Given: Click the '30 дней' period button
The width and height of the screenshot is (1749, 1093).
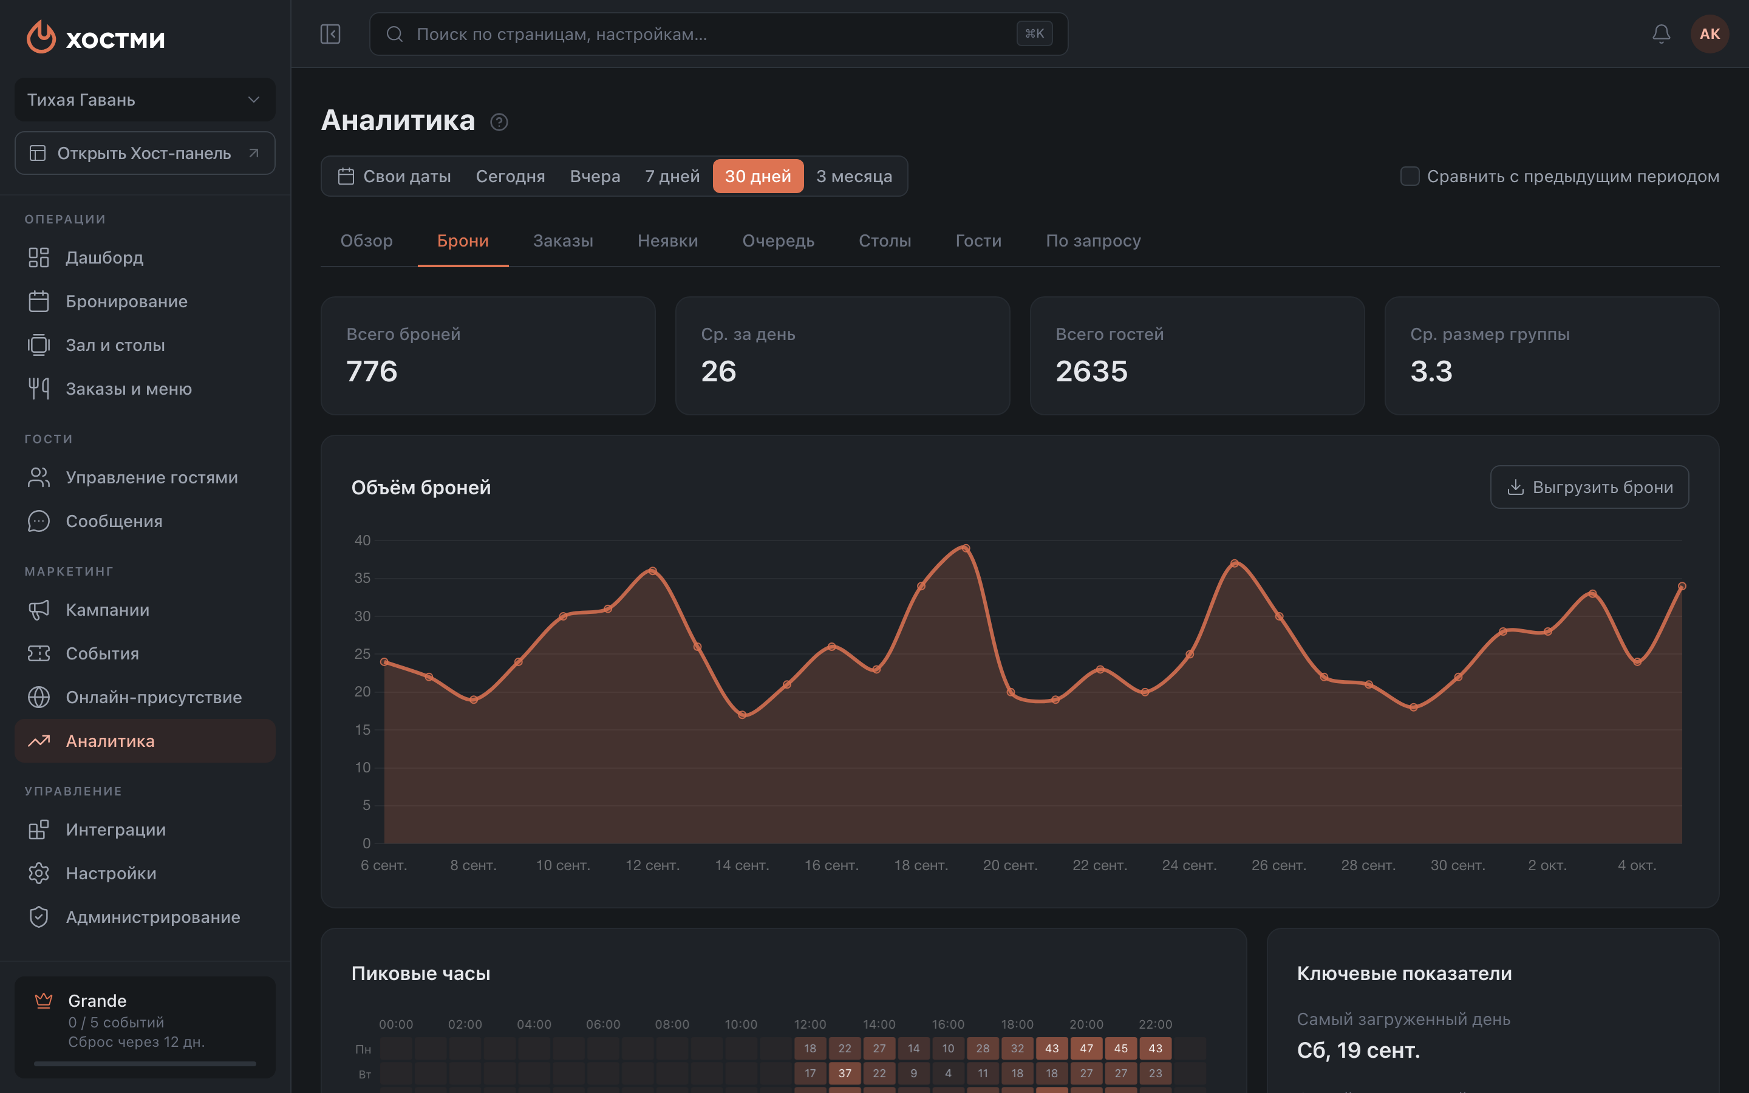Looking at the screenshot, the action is pos(757,176).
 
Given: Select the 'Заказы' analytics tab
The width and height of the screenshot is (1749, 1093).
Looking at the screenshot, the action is pos(563,240).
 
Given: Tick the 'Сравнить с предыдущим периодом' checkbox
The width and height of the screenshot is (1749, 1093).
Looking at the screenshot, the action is pos(1410,176).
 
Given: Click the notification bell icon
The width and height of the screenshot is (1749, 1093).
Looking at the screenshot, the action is pos(1661,34).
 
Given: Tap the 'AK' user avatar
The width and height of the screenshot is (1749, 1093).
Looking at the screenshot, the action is pos(1710,34).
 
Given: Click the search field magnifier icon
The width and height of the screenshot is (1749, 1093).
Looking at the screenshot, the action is pos(394,34).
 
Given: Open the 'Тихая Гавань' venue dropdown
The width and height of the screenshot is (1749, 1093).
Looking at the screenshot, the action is pos(145,100).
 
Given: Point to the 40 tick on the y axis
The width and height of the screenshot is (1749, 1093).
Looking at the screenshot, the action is pos(362,540).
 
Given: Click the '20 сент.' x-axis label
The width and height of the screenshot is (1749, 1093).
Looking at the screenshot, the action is pos(1010,865).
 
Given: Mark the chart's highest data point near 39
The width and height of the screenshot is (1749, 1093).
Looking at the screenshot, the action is pos(966,548).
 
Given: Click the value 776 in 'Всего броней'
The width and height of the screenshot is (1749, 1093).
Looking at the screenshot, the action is pos(372,372).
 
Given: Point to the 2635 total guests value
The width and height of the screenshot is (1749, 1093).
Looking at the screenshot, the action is pos(1091,372).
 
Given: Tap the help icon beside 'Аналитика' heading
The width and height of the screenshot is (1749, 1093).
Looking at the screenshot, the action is pos(499,122).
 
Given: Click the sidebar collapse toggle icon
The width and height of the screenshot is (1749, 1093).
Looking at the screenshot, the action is pos(330,34).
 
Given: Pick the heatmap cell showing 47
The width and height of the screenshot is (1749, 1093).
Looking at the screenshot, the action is pos(1086,1048).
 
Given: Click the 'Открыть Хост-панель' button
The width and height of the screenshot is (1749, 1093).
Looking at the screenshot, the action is pos(145,153).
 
